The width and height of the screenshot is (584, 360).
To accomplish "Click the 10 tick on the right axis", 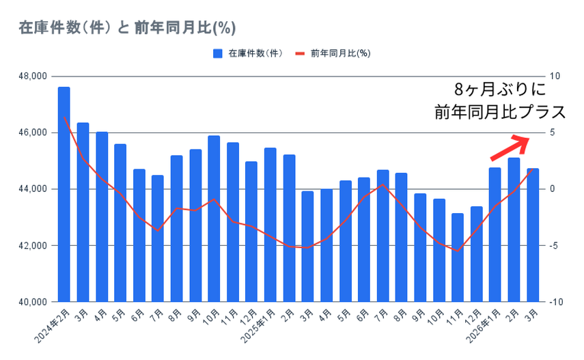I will pos(555,76).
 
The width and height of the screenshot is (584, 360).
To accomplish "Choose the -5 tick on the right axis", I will pos(555,245).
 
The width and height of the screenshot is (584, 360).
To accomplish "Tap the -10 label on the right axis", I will pos(556,302).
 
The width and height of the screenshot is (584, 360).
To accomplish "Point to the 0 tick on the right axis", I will pos(553,189).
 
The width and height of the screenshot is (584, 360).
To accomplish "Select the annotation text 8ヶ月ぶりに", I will pos(499,89).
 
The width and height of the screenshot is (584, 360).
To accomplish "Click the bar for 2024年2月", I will pos(64,194).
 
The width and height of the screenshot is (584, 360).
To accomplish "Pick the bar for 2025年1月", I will pos(270,224).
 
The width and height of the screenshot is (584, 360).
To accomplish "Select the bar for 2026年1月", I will pos(495,234).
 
